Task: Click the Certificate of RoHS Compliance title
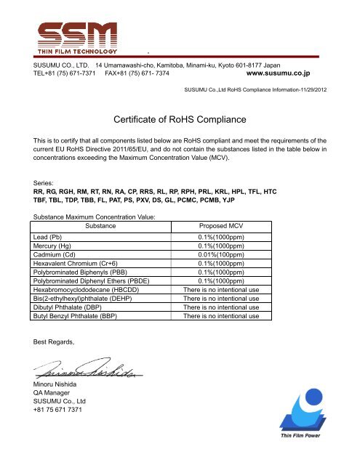[x=180, y=118]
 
